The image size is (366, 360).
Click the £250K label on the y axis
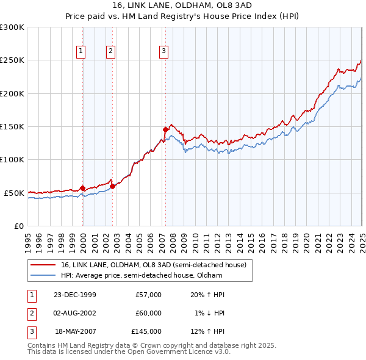click(x=12, y=60)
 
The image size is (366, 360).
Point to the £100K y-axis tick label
click(x=12, y=159)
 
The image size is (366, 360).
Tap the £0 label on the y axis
click(x=18, y=226)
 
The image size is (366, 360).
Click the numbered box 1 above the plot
click(x=82, y=51)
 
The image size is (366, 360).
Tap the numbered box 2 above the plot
click(x=110, y=51)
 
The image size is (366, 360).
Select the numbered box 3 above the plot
click(x=164, y=51)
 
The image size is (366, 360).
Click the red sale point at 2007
click(x=165, y=129)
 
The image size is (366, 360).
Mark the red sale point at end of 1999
click(x=83, y=188)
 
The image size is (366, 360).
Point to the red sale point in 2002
click(x=112, y=186)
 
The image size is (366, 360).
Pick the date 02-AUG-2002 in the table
click(x=75, y=313)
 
